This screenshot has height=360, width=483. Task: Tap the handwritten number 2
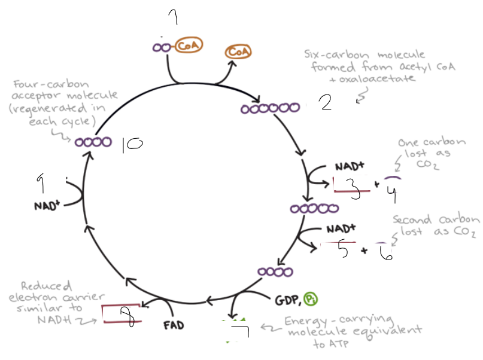pyautogui.click(x=325, y=104)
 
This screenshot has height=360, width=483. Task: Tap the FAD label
pyautogui.click(x=173, y=326)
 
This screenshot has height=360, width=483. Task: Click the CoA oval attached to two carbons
pyautogui.click(x=189, y=45)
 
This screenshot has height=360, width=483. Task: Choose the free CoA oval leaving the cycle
pyautogui.click(x=238, y=53)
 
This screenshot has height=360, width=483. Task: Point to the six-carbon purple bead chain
pyautogui.click(x=270, y=109)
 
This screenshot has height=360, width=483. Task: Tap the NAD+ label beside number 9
pyautogui.click(x=47, y=206)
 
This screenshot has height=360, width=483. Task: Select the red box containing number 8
pyautogui.click(x=122, y=314)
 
